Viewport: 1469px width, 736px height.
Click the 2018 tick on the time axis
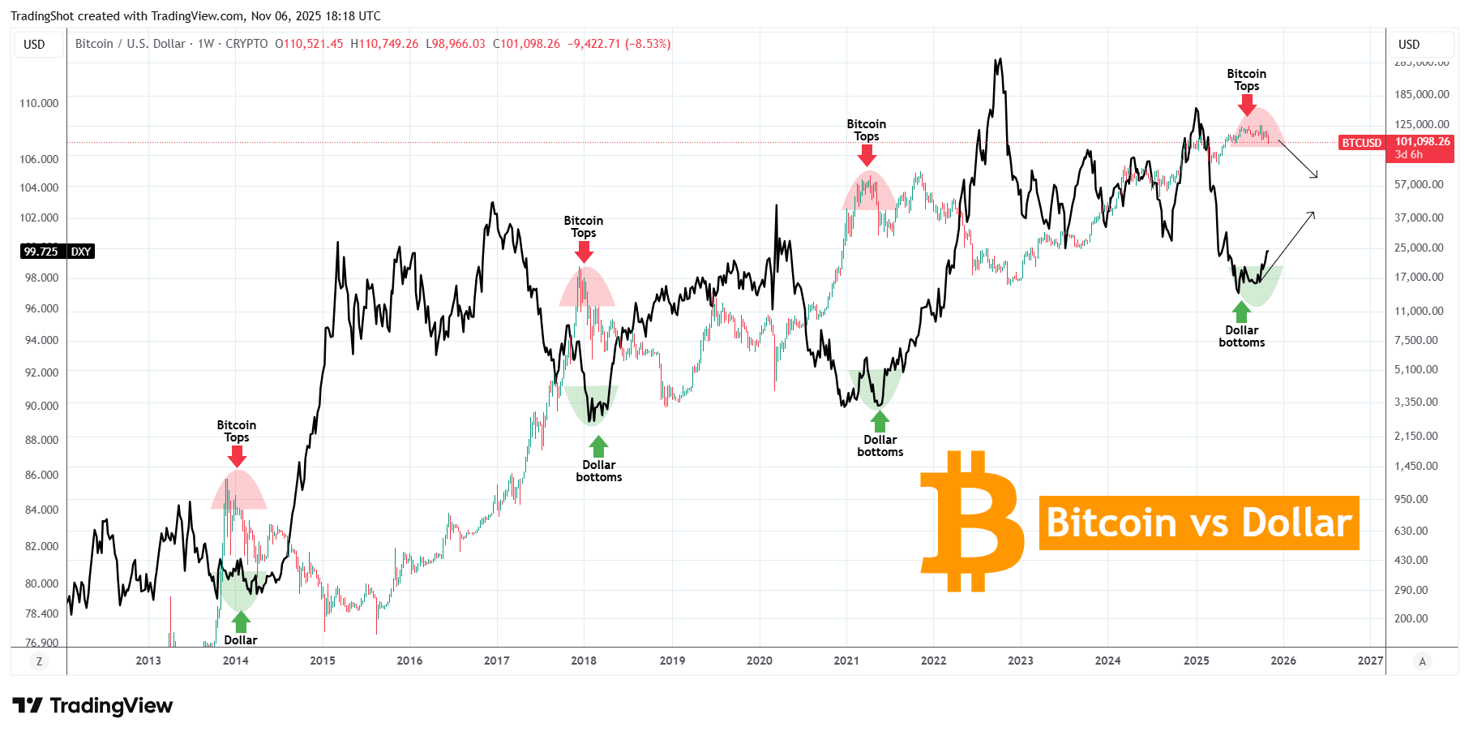click(x=584, y=661)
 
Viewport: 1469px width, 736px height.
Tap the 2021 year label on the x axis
click(x=846, y=661)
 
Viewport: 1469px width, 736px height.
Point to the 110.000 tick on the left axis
click(x=39, y=103)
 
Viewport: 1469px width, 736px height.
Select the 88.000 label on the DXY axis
click(x=41, y=440)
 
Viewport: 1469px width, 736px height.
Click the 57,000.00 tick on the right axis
click(x=1419, y=184)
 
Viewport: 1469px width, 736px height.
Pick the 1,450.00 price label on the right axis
click(x=1415, y=466)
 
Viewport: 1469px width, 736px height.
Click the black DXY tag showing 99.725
click(x=57, y=252)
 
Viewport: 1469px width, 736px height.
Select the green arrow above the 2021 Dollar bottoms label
click(x=880, y=421)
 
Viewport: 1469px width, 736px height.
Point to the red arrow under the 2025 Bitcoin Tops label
click(x=1247, y=105)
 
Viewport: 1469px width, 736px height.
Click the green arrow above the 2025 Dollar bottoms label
click(x=1241, y=312)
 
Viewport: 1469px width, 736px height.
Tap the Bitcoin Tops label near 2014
click(x=237, y=431)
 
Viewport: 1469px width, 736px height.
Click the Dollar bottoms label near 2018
click(x=599, y=471)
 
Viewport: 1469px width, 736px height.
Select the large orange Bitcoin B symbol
click(x=971, y=521)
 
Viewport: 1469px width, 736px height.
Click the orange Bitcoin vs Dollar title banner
click(x=1198, y=523)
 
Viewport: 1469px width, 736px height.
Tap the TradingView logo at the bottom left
click(x=92, y=705)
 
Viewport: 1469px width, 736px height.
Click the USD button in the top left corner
click(x=35, y=45)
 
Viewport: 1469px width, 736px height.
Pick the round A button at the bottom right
click(x=1422, y=661)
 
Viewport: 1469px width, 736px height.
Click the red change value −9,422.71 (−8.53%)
click(x=619, y=44)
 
